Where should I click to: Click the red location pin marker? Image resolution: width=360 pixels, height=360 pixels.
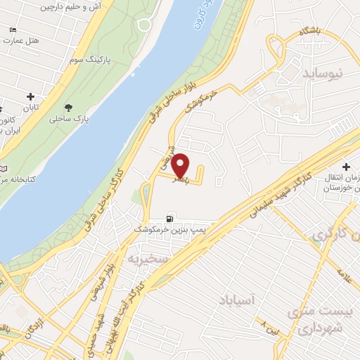pyautogui.click(x=181, y=165)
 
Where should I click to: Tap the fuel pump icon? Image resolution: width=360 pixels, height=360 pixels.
pyautogui.click(x=169, y=219)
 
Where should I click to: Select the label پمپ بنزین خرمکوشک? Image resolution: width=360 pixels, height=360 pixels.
pyautogui.click(x=169, y=230)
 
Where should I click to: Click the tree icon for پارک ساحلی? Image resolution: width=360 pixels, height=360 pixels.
pyautogui.click(x=68, y=108)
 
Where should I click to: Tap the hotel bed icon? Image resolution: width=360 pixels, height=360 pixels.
pyautogui.click(x=13, y=31)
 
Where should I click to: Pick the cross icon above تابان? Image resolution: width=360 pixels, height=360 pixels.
pyautogui.click(x=30, y=96)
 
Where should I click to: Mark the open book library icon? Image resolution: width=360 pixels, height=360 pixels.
pyautogui.click(x=5, y=170)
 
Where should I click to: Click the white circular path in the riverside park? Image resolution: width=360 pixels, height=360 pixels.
pyautogui.click(x=144, y=25)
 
